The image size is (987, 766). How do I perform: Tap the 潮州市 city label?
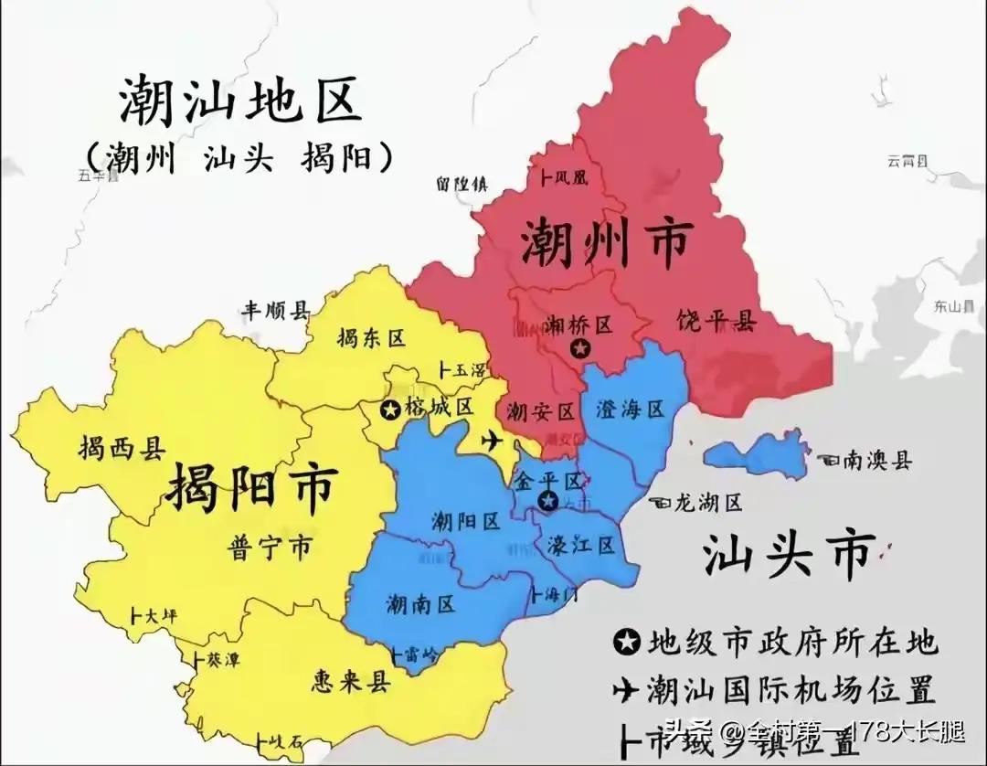(x=604, y=242)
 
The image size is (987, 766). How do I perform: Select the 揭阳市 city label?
(x=253, y=490)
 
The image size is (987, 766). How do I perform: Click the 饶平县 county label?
(x=716, y=321)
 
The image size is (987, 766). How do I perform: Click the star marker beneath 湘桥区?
(x=578, y=348)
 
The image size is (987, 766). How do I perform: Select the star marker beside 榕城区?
(x=390, y=410)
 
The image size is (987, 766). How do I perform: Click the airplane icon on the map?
(x=492, y=441)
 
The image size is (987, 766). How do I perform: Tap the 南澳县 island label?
(x=876, y=461)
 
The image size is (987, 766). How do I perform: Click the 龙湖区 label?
(x=706, y=502)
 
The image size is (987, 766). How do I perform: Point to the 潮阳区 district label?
(x=465, y=521)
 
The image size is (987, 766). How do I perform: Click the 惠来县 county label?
(x=350, y=681)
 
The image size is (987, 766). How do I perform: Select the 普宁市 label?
(x=268, y=548)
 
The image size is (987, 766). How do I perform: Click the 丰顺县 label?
(x=275, y=311)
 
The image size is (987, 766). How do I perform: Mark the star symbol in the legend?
(x=627, y=644)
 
